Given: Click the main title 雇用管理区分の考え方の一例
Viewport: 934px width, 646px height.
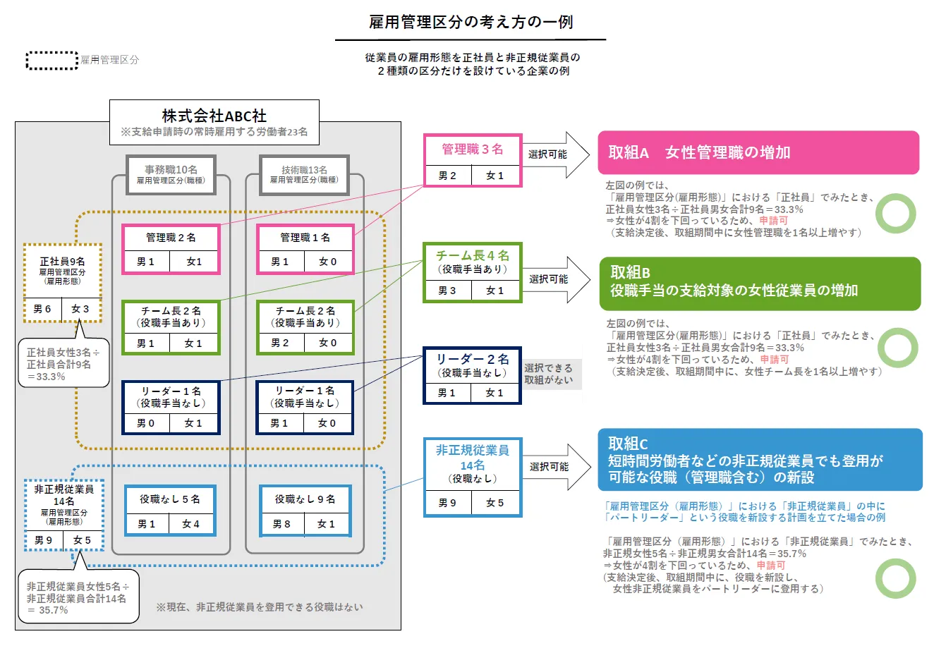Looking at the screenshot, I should [471, 22].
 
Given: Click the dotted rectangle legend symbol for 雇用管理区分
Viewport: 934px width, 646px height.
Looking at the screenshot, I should [52, 60].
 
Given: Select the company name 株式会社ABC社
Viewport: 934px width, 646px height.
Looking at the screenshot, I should [214, 116].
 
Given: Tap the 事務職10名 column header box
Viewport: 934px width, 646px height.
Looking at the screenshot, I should [171, 174].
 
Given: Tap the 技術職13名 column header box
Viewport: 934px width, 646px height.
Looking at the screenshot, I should [304, 174].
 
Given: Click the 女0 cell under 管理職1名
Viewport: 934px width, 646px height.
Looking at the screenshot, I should [327, 262].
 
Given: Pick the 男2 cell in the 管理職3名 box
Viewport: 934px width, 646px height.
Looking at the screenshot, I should [447, 176].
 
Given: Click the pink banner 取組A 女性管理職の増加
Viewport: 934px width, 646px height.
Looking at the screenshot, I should [758, 152].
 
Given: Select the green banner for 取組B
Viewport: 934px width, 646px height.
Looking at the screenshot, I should [759, 283].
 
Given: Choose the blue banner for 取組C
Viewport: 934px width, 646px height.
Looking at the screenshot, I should [759, 460].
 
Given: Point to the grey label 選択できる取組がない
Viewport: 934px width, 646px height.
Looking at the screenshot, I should [548, 374].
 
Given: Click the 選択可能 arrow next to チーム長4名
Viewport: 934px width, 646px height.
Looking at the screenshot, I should [557, 279].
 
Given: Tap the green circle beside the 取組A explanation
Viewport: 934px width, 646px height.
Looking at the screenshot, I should [895, 213].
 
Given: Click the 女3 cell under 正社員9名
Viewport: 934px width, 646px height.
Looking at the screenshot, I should [80, 309].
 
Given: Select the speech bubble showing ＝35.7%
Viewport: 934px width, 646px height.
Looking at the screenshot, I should [78, 597].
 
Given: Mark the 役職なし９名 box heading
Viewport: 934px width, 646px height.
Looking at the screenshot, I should [305, 499].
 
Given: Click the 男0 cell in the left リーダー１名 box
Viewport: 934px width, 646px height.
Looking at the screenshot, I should [145, 423].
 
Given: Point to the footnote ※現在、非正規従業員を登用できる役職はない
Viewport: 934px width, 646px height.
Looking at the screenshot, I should [259, 607].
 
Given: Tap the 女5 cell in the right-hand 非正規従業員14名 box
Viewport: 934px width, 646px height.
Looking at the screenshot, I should [495, 503].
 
